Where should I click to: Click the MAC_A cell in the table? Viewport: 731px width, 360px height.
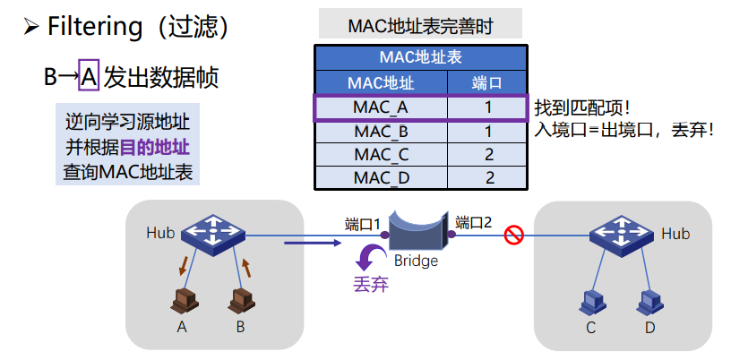[381, 107]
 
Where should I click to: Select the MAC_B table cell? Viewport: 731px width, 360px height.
[381, 131]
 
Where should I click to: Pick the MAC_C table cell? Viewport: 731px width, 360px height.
[381, 154]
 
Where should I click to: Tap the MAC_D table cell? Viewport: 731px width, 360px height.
[381, 177]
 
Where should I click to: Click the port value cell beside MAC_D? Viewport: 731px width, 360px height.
[489, 177]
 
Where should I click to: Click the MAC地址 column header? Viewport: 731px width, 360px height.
[381, 83]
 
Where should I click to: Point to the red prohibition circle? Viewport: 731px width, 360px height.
[513, 236]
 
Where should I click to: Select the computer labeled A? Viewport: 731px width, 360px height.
[185, 301]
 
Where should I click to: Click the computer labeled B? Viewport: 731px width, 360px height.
[240, 301]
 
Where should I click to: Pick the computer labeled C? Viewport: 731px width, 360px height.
[591, 301]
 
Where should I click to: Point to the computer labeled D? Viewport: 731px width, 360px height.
[649, 301]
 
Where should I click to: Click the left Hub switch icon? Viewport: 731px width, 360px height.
[212, 235]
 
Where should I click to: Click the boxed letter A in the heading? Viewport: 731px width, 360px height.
[88, 76]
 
